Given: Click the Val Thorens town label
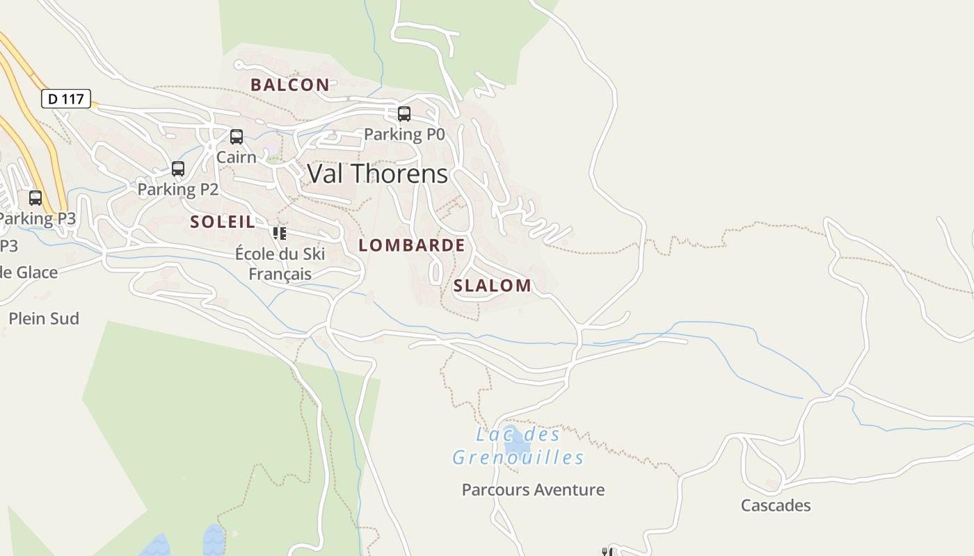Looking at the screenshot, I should (x=377, y=174).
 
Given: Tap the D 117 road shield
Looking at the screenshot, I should (x=66, y=99).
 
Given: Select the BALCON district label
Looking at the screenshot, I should (x=290, y=85).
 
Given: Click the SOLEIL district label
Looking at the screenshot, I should (x=223, y=222).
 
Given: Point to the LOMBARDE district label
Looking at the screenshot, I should (x=412, y=245).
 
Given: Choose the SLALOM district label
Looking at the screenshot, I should (x=493, y=285).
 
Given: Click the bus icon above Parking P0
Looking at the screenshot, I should (x=404, y=114).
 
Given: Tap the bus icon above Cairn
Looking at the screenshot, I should (x=237, y=137).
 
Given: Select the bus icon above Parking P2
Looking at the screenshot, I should (x=178, y=169).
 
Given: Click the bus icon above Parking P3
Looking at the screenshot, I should (x=35, y=198).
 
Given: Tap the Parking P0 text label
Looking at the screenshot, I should (x=404, y=134).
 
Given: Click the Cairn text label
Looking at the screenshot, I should (x=237, y=157).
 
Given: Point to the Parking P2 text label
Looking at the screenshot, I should (x=178, y=189).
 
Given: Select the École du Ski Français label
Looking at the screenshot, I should (x=280, y=263).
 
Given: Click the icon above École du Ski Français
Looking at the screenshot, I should (x=280, y=234).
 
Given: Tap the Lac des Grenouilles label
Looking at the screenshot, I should (x=518, y=446).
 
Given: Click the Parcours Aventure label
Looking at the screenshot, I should (x=534, y=490).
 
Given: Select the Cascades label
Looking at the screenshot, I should (x=776, y=505).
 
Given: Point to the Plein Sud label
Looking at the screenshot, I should (x=44, y=318).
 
